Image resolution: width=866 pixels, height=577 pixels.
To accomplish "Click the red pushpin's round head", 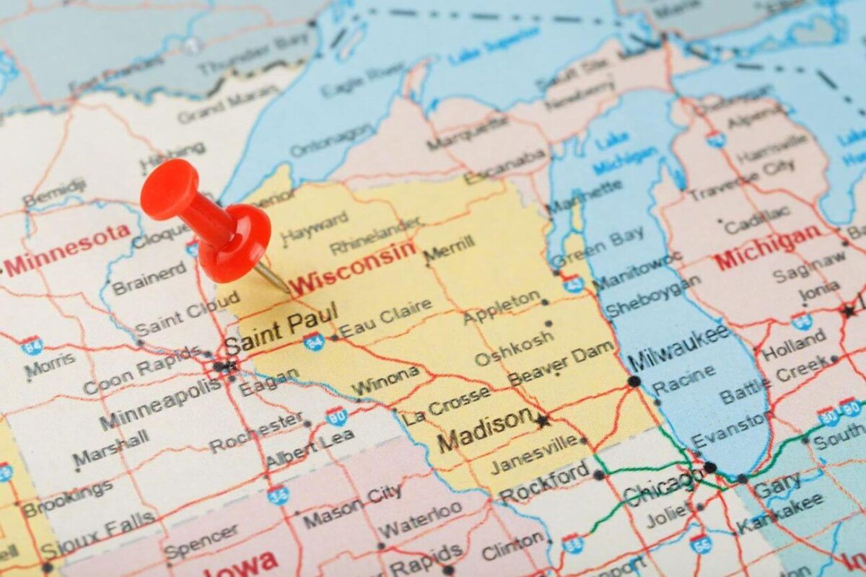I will [169, 189].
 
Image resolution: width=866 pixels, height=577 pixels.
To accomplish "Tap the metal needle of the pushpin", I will [274, 278].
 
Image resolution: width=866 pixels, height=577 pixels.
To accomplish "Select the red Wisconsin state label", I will [354, 267].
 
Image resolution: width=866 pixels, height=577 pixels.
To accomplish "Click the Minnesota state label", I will [69, 250].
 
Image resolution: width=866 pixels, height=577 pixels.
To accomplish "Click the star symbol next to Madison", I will [543, 419].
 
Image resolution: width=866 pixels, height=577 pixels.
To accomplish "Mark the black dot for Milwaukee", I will [634, 381].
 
